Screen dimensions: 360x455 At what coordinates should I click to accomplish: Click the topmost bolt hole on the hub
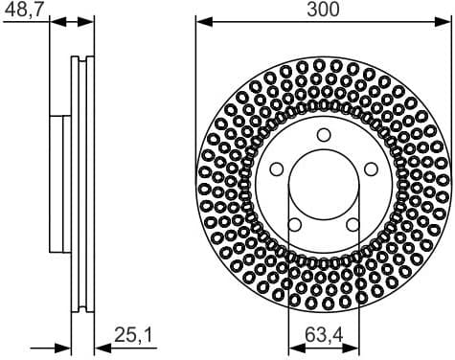pyautogui.click(x=323, y=134)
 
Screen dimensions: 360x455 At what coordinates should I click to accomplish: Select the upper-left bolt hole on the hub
pyautogui.click(x=276, y=169)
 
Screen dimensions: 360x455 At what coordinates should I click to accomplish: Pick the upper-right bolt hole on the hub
pyautogui.click(x=370, y=169)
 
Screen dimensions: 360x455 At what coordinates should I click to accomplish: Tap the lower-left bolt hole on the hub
pyautogui.click(x=294, y=224)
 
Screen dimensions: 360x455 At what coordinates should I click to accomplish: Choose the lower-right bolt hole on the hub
pyautogui.click(x=353, y=224)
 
